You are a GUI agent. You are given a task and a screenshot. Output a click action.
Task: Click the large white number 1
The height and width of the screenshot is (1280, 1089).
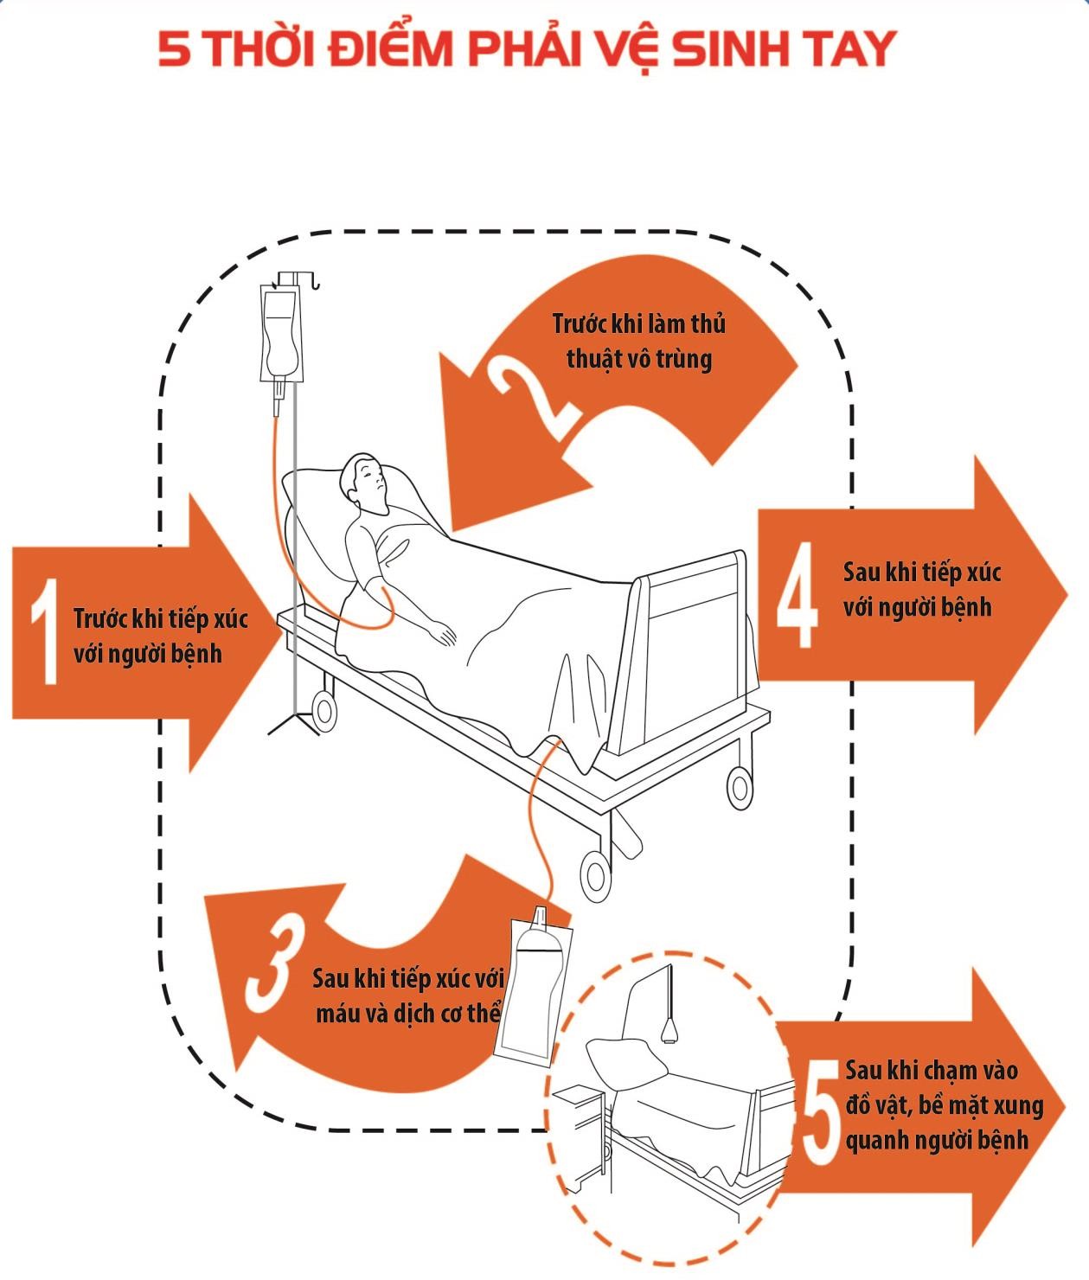43,631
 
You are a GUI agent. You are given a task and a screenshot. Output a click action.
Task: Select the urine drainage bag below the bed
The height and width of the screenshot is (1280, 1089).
536,986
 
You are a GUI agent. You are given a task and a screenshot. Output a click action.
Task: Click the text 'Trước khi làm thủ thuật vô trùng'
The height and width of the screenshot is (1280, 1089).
638,341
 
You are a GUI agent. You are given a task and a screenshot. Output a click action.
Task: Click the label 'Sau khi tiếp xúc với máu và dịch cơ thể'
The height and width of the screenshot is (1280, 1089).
407,995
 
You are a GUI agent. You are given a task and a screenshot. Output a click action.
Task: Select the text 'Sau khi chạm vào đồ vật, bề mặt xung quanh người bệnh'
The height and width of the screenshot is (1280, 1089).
943,1104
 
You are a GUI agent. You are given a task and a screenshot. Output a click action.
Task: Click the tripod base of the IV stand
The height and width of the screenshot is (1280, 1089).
295,722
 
